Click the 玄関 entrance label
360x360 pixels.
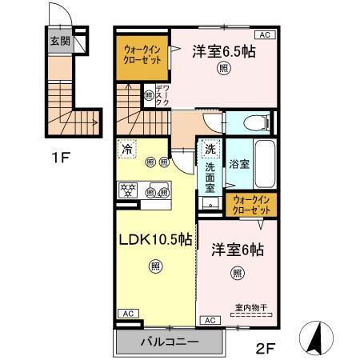click(59, 42)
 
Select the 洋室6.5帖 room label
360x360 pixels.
click(223, 51)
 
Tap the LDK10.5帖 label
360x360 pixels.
click(156, 239)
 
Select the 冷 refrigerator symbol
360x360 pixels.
click(126, 148)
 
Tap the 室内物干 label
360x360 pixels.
click(250, 306)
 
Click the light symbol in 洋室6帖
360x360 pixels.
click(238, 274)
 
